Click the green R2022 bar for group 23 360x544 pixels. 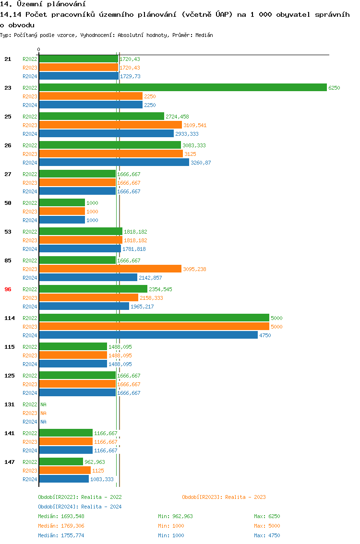point(182,87)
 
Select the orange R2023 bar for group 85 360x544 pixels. point(110,269)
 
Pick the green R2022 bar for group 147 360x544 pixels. point(61,461)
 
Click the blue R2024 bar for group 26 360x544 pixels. point(114,162)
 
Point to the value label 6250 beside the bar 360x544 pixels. point(334,88)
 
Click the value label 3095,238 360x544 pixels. point(194,269)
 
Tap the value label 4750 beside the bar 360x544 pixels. point(265,335)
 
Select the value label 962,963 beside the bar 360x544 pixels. point(95,462)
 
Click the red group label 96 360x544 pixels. point(8,289)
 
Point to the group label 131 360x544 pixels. point(9,404)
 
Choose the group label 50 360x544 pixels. point(8,203)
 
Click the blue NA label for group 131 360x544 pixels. point(43,422)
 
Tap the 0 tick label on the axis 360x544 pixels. point(39,49)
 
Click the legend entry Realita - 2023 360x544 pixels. point(224,497)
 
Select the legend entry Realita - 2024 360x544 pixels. point(80,507)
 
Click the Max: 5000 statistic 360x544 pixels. point(267,526)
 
